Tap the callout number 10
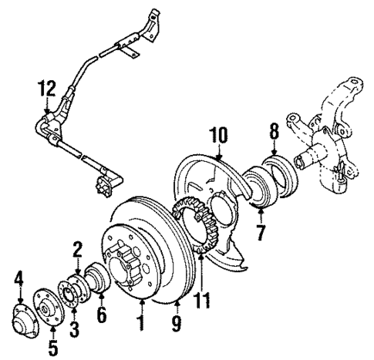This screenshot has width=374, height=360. click(218, 136)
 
